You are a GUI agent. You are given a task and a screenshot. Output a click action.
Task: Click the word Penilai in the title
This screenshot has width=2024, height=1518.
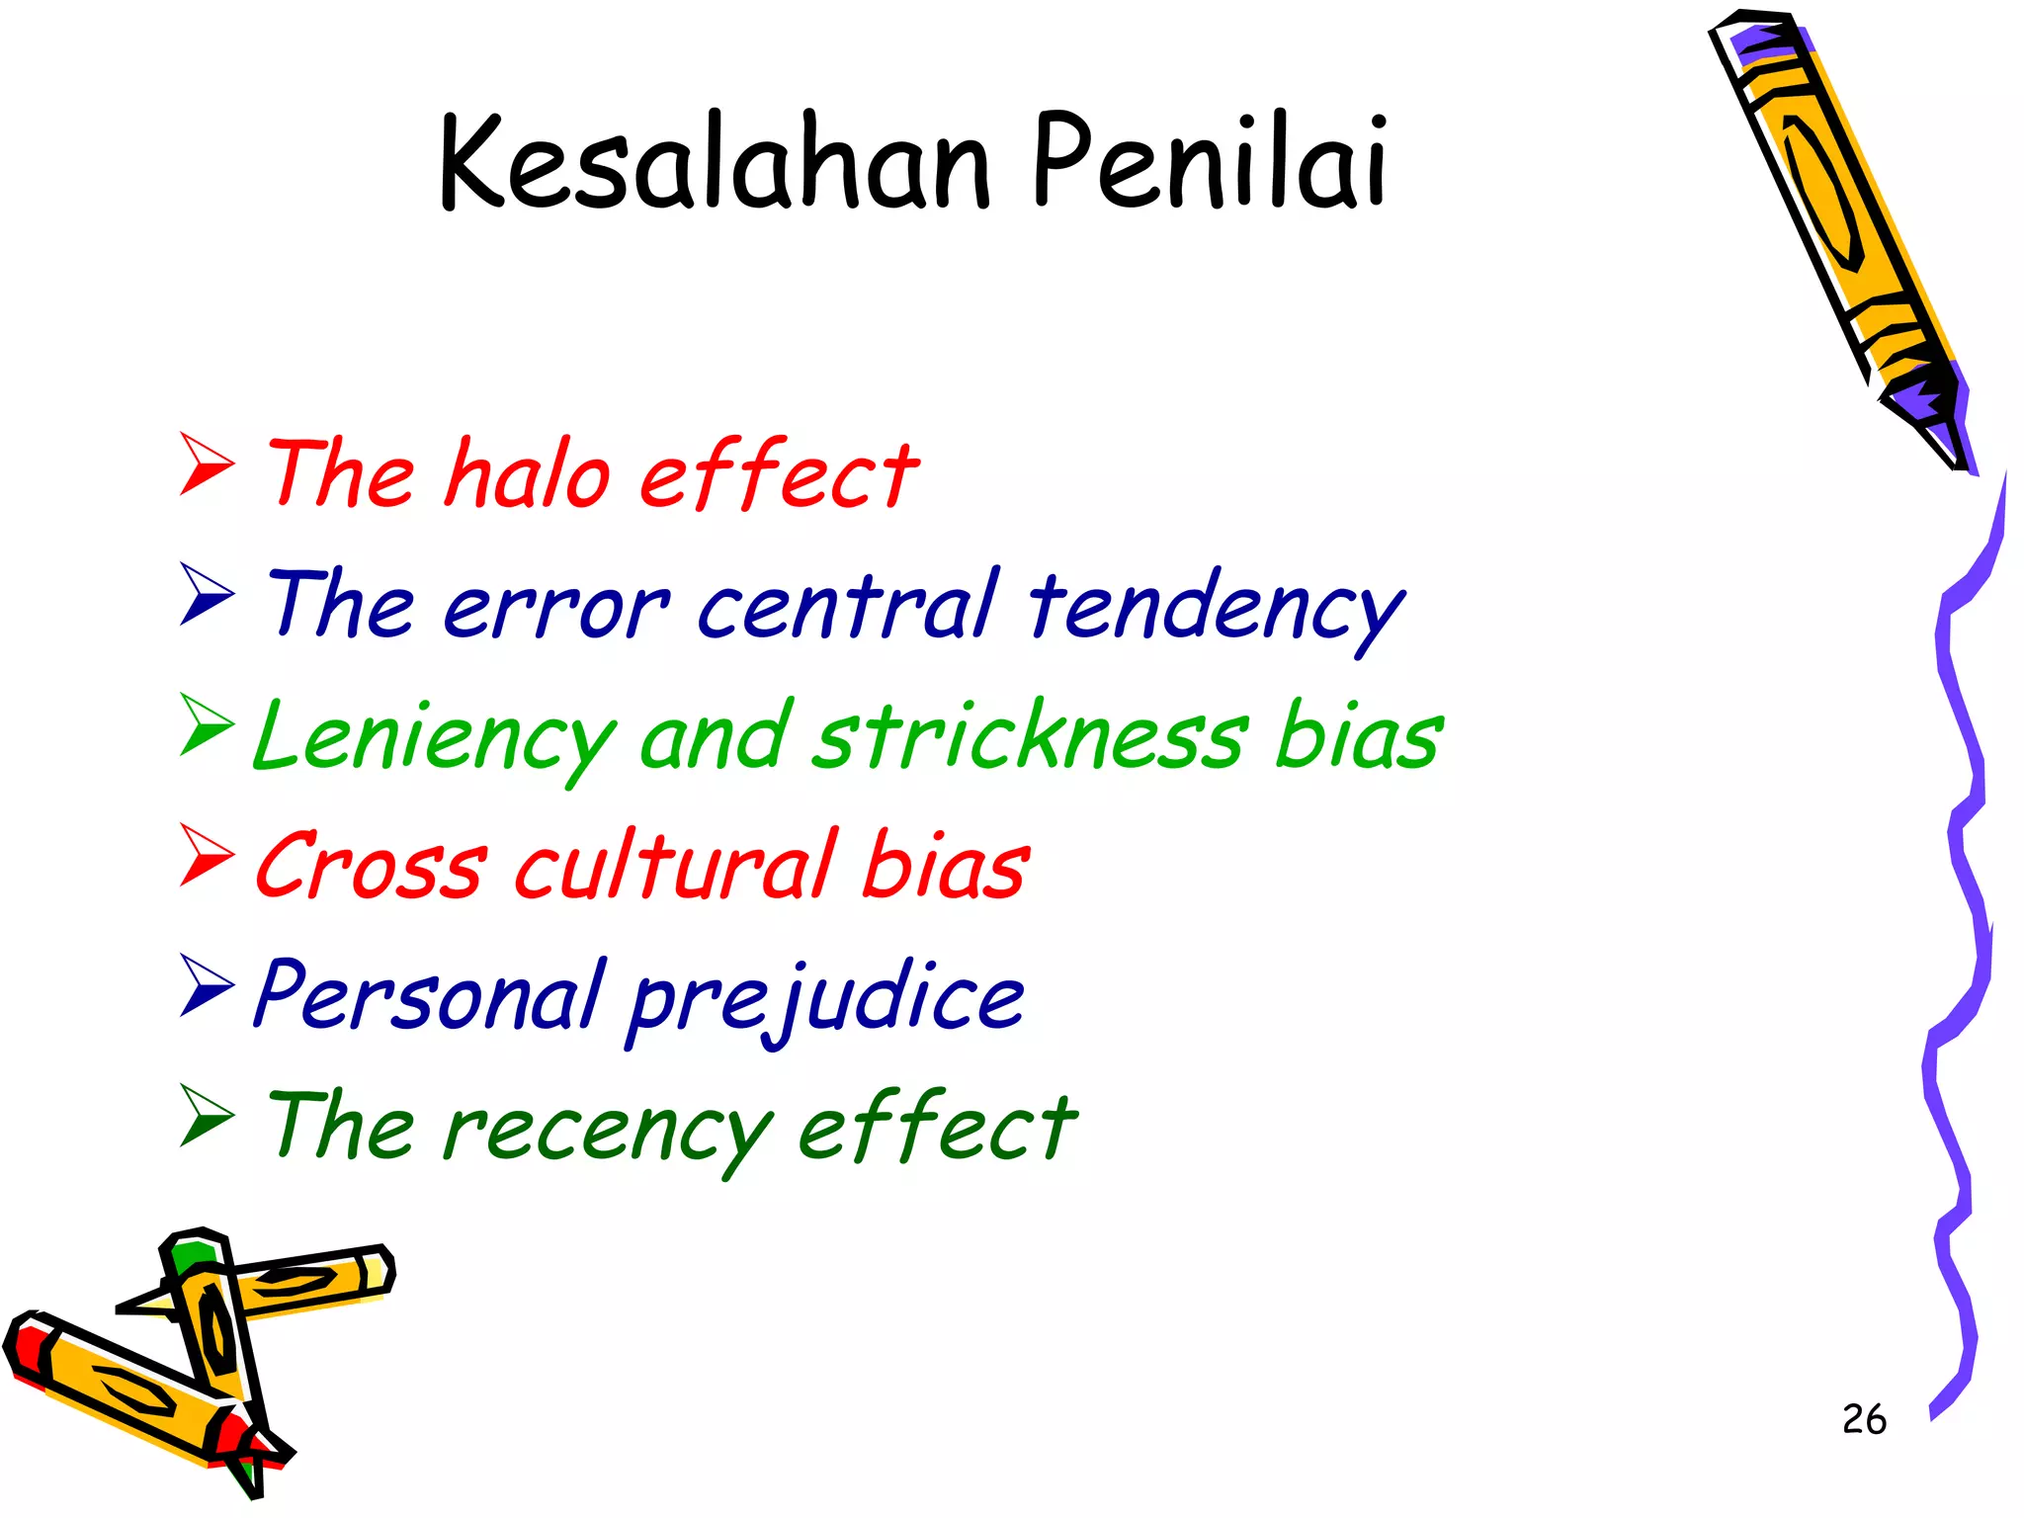pyautogui.click(x=1210, y=163)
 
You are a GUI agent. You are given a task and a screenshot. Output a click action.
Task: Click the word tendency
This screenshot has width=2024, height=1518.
pyautogui.click(x=1216, y=609)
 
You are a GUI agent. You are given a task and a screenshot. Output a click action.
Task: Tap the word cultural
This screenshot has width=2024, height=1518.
pyautogui.click(x=676, y=865)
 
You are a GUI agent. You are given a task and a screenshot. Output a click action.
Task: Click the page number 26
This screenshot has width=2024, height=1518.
pyautogui.click(x=1864, y=1419)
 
